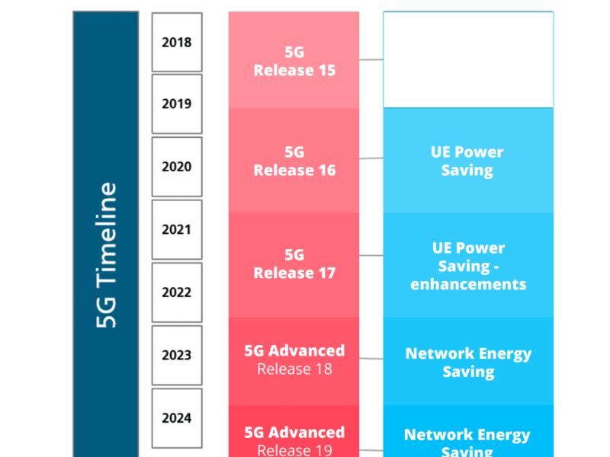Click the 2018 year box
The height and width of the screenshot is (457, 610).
coord(177,42)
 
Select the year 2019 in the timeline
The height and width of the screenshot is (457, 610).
coord(177,104)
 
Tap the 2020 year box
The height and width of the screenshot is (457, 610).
coord(177,167)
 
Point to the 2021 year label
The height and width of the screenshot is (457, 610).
coord(177,229)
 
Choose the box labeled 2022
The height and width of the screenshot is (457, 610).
coord(177,292)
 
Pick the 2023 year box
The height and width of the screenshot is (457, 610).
coord(177,355)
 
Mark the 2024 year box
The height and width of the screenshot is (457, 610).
coord(177,417)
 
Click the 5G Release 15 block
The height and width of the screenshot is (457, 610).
coord(294,61)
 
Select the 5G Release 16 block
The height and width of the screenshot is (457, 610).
coord(294,161)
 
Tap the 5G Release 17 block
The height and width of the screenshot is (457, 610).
coord(294,264)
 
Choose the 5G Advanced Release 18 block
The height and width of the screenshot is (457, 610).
coord(294,360)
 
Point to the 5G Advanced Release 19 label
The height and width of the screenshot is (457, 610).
coord(294,440)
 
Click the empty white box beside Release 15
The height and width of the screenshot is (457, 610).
coord(467,59)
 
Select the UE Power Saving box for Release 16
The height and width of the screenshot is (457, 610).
coord(467,161)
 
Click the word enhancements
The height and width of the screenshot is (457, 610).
coord(468,285)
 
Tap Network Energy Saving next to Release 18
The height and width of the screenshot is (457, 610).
coord(467,363)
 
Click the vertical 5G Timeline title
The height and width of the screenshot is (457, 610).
coord(107,255)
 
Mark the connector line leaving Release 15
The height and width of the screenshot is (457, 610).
coord(371,59)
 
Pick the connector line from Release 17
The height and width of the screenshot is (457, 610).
coord(371,255)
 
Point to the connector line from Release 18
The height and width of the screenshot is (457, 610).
coord(371,358)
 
